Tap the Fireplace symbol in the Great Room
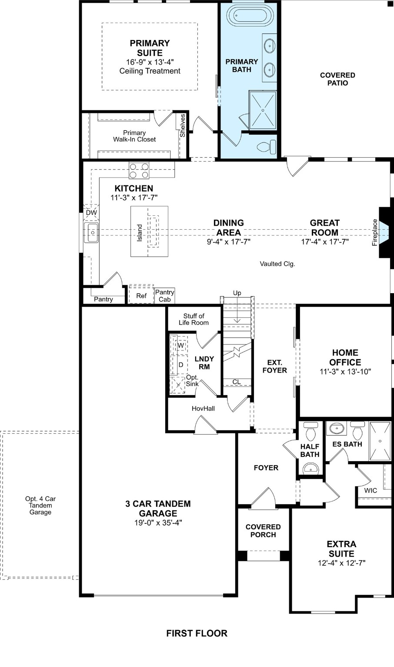point(384,232)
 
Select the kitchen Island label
point(140,232)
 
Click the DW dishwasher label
point(91,213)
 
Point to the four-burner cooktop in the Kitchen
point(139,170)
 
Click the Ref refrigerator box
point(141,296)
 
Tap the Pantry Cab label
point(164,296)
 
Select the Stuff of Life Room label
point(194,319)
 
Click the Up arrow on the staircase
point(237,308)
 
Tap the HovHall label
point(203,409)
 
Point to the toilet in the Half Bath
point(311,432)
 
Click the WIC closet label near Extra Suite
point(371,490)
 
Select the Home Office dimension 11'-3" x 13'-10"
point(345,372)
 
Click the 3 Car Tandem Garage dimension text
point(158,523)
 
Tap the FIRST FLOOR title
point(197,633)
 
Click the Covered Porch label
point(263,531)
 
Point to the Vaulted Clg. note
point(277,264)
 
